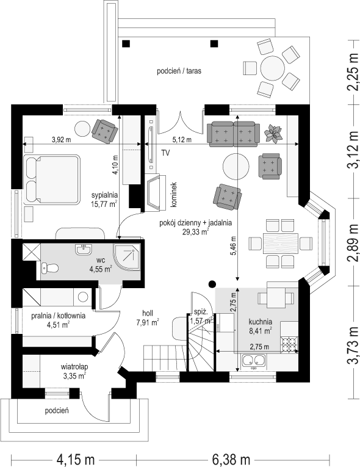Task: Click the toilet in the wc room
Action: pyautogui.click(x=49, y=268)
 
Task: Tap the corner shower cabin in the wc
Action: pyautogui.click(x=126, y=258)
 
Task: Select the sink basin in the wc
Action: pyautogui.click(x=84, y=250)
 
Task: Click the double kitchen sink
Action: pyautogui.click(x=253, y=360)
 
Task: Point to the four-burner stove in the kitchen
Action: pyautogui.click(x=289, y=344)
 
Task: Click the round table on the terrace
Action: pyautogui.click(x=273, y=68)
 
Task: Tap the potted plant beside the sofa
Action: pyautogui.click(x=273, y=134)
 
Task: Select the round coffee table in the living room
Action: pyautogui.click(x=236, y=166)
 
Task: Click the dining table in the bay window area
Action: pyautogui.click(x=281, y=244)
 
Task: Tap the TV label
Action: pyautogui.click(x=165, y=153)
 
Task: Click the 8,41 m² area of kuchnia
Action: pyautogui.click(x=260, y=330)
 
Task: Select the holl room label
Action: pyautogui.click(x=148, y=313)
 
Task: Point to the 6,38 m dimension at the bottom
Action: pyautogui.click(x=231, y=459)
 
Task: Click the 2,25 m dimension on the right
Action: pyautogui.click(x=353, y=71)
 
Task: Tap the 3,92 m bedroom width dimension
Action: pyautogui.click(x=62, y=139)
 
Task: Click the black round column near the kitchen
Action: pyautogui.click(x=212, y=284)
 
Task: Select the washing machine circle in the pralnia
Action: pyautogui.click(x=83, y=297)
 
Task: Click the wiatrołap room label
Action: pyautogui.click(x=74, y=367)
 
